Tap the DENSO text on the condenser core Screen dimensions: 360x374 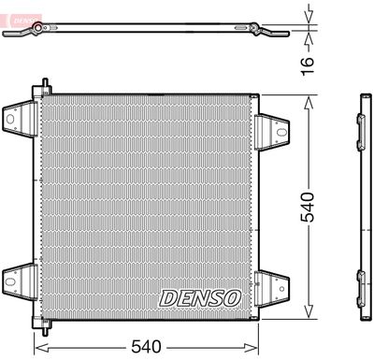click(x=199, y=297)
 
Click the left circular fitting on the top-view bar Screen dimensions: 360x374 click(x=36, y=32)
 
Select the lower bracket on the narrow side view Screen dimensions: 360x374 click(x=361, y=278)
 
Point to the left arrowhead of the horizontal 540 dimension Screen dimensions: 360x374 click(x=39, y=345)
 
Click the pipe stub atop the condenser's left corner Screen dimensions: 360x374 click(x=41, y=87)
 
